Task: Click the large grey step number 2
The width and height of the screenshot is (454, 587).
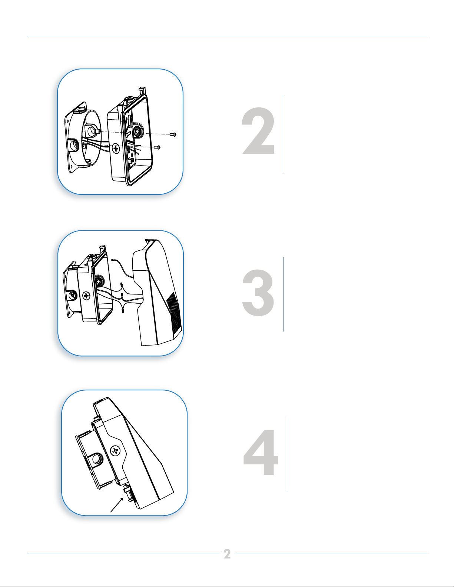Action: [258, 131]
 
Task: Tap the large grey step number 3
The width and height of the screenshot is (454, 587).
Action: [258, 293]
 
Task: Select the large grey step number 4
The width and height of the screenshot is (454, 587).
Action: [261, 452]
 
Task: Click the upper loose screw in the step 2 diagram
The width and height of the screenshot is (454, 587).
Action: [173, 134]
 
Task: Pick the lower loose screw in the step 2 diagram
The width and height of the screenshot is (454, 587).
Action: [157, 147]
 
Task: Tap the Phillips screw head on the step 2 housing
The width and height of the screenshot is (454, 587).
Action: [116, 148]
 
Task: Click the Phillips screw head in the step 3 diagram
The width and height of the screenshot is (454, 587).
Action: [86, 296]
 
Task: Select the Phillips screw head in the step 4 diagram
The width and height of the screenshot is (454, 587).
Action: [115, 451]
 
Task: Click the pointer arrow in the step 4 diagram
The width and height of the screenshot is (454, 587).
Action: [117, 505]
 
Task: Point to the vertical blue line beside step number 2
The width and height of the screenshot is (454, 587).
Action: [283, 134]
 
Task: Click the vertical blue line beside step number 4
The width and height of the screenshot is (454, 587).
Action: [287, 454]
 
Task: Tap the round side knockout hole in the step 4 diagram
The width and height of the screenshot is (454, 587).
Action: [97, 459]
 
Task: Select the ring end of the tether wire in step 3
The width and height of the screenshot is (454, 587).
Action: [112, 260]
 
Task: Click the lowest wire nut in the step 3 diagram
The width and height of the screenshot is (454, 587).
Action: [123, 311]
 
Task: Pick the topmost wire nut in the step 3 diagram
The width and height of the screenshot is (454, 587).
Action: [121, 284]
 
